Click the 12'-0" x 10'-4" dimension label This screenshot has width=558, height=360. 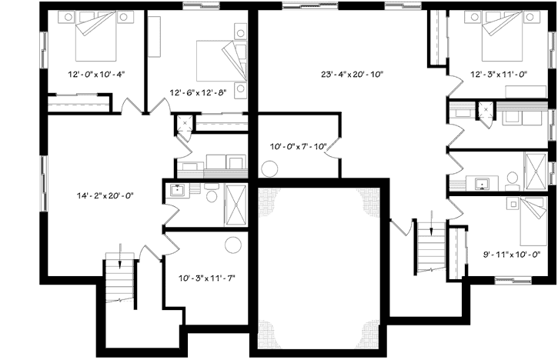coord(96,75)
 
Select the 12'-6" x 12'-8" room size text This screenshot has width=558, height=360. coord(199,93)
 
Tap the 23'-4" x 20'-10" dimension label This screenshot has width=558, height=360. coord(353,75)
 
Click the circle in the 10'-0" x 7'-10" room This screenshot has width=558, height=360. coord(270,169)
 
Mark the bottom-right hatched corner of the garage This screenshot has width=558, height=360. coord(372,327)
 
